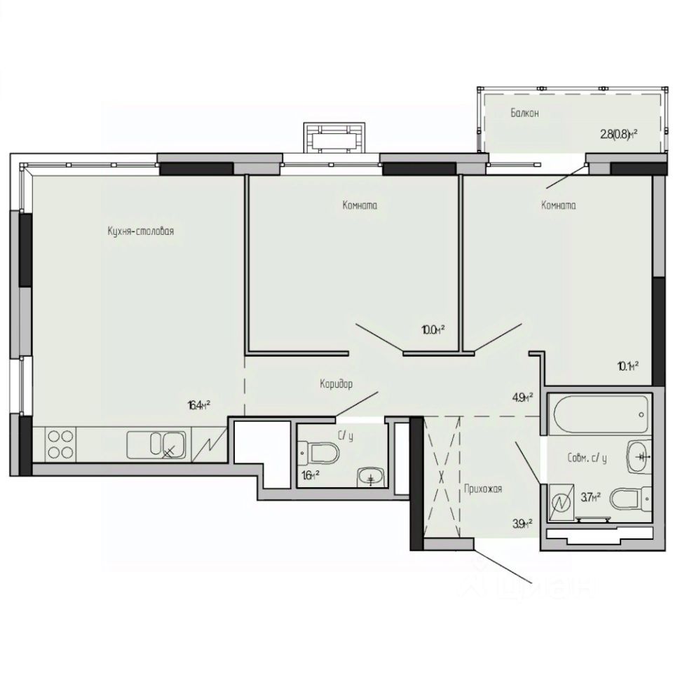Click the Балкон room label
(524, 113)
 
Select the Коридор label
(336, 384)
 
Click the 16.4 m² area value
(199, 405)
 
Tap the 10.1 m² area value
(627, 365)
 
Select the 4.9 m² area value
(521, 397)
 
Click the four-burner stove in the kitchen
(60, 444)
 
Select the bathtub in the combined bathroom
(599, 415)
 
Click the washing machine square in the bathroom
(561, 503)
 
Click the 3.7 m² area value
(590, 498)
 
